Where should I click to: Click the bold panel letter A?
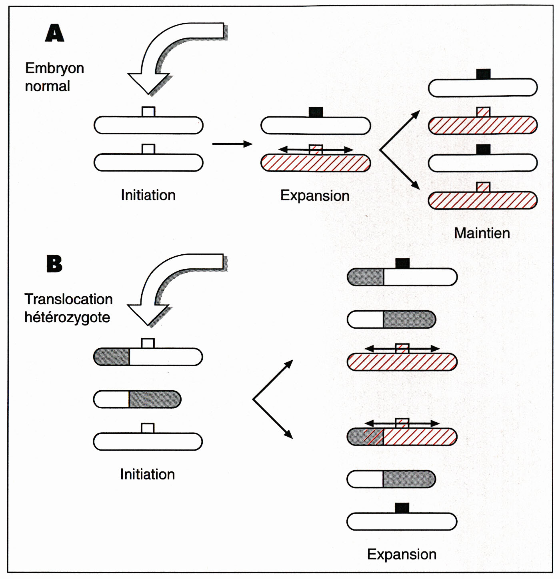(x=55, y=33)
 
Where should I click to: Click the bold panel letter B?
(x=54, y=264)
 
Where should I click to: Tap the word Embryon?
(x=54, y=68)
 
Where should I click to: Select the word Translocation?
(x=68, y=299)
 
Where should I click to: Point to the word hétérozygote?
(x=67, y=317)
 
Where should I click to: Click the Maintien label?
(x=482, y=233)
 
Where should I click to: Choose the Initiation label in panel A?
(x=148, y=195)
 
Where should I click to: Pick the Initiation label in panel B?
(x=148, y=474)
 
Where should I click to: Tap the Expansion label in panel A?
(x=315, y=196)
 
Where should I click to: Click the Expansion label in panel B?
(x=402, y=554)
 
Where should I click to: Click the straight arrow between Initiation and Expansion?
(x=232, y=144)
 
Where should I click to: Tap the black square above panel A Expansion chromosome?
(x=316, y=112)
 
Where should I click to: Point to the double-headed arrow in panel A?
(x=316, y=150)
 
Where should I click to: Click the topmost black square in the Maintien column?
(x=483, y=74)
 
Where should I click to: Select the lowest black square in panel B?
(x=402, y=508)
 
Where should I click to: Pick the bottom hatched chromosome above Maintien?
(x=482, y=201)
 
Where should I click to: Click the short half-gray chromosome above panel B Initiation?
(x=137, y=399)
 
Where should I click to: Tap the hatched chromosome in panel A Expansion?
(x=316, y=163)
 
